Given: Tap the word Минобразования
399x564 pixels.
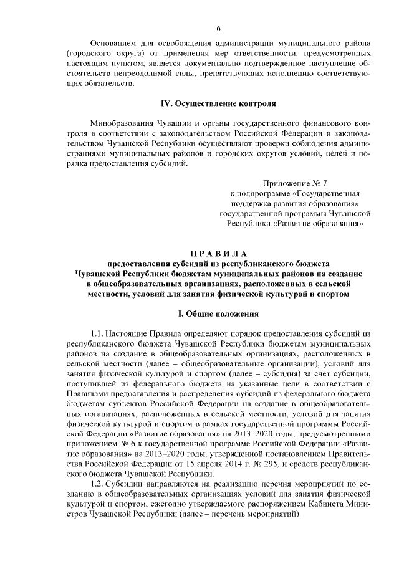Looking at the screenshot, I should (123, 123).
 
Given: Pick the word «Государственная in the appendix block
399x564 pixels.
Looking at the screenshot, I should (325, 193).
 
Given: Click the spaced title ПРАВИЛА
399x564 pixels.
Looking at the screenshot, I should (218, 254).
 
